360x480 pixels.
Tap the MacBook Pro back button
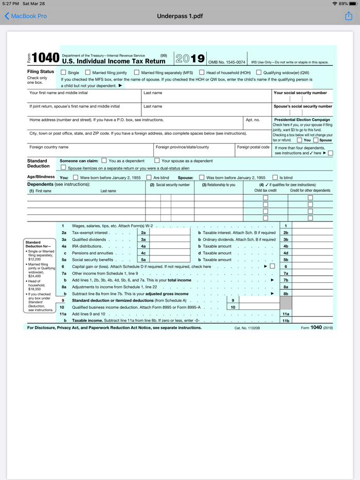(26, 16)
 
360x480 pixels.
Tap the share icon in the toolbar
(349, 16)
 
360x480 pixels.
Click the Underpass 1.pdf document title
(180, 16)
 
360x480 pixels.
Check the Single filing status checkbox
(64, 72)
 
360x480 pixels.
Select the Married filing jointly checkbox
(88, 72)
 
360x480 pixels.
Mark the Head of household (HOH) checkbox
(202, 72)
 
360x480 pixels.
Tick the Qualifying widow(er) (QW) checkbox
(259, 72)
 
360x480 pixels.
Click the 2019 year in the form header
(190, 59)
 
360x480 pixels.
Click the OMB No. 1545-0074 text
(227, 62)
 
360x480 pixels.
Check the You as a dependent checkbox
(104, 161)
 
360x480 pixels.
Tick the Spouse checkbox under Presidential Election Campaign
(316, 140)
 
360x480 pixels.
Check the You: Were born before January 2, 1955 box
(76, 178)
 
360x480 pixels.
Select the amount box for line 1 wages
(312, 226)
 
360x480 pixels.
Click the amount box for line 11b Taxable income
(312, 320)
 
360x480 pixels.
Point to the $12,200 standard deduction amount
(34, 259)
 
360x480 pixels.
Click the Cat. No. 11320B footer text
(247, 327)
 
